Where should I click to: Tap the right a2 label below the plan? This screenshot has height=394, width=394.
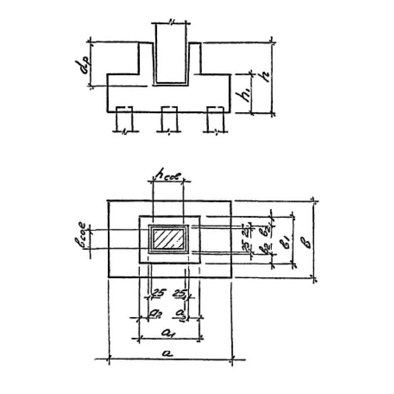(x=181, y=312)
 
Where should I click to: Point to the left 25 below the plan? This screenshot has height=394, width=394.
(x=159, y=294)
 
